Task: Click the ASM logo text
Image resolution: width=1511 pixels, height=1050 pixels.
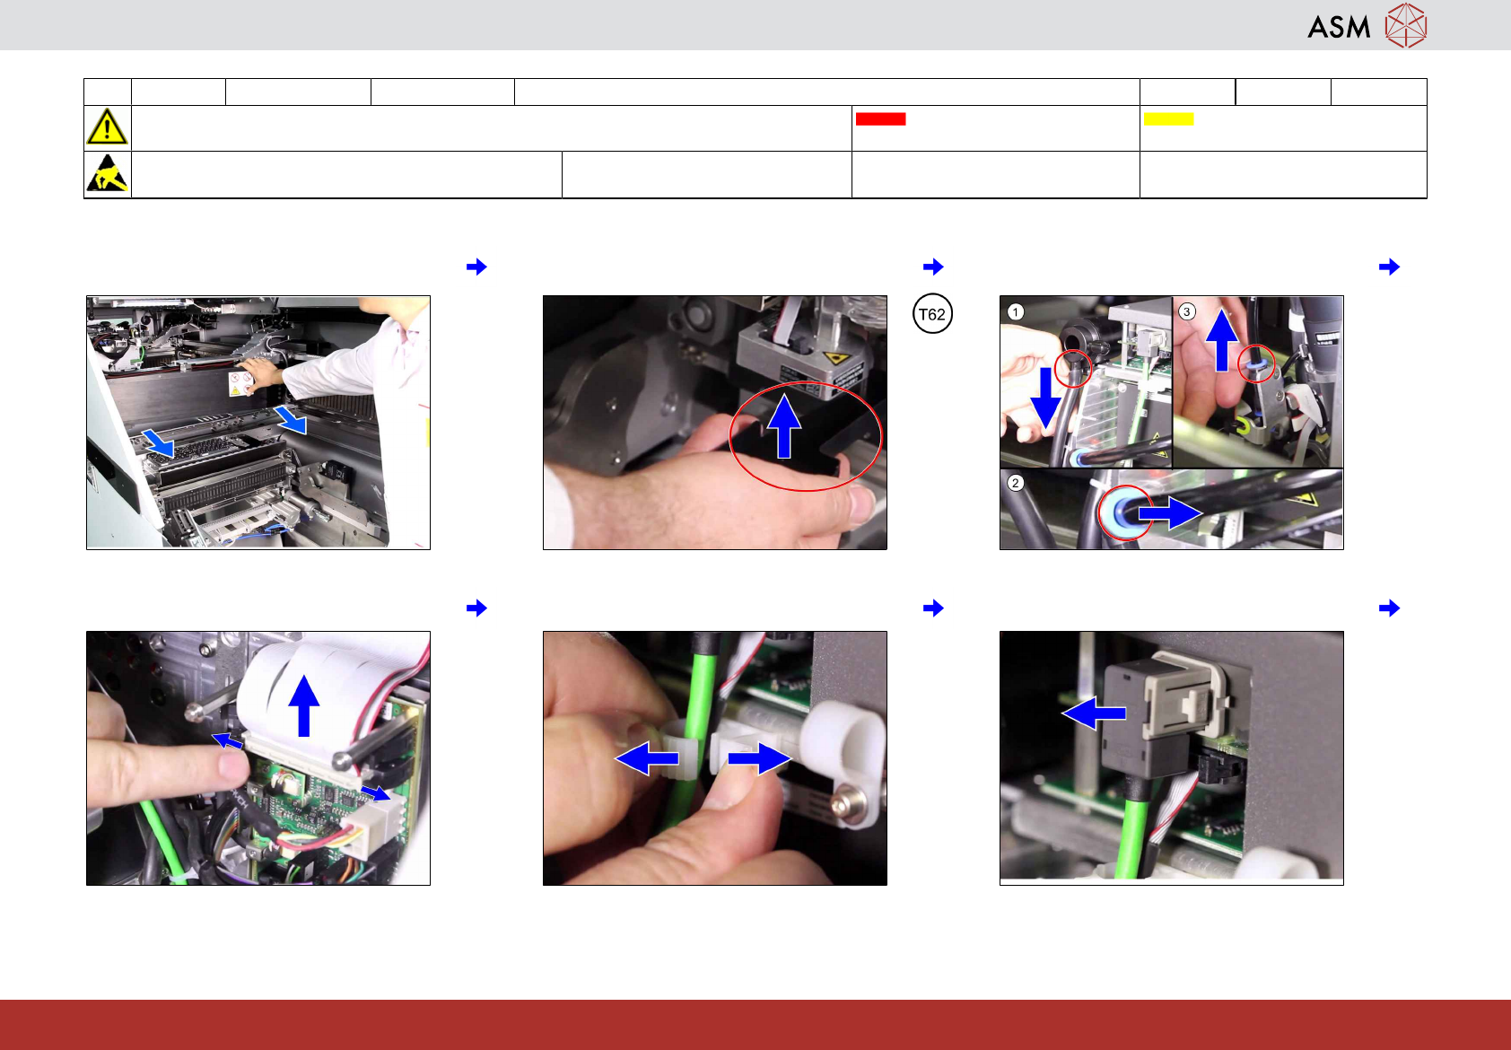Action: click(1339, 27)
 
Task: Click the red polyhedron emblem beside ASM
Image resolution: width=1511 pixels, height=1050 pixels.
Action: click(1406, 25)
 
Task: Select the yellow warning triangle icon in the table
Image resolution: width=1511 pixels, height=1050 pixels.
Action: click(107, 127)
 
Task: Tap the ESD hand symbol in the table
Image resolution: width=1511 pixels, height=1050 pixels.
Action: click(108, 173)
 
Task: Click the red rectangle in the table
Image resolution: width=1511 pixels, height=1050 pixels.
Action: click(880, 118)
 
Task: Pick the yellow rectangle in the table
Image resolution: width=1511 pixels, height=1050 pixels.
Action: click(1168, 118)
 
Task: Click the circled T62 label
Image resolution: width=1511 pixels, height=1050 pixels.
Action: click(932, 314)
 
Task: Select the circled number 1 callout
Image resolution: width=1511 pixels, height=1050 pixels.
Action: click(1015, 311)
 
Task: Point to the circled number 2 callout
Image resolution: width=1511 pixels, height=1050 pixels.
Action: click(1015, 483)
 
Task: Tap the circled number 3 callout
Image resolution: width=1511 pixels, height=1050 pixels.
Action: click(1186, 311)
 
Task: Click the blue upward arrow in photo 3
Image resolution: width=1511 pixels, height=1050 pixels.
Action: click(1221, 340)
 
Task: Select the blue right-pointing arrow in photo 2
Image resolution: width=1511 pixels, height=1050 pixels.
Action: click(1170, 513)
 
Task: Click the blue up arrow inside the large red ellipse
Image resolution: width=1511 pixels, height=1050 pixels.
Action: click(784, 426)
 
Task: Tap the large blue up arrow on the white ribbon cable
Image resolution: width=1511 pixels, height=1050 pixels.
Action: click(303, 706)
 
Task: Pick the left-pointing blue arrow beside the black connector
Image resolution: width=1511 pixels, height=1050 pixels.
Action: click(1094, 713)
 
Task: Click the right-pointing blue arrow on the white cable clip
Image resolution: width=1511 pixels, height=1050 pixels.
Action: click(759, 758)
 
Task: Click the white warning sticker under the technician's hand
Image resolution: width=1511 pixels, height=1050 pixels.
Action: click(240, 382)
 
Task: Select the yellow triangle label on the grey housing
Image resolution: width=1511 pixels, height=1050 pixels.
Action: click(835, 358)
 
